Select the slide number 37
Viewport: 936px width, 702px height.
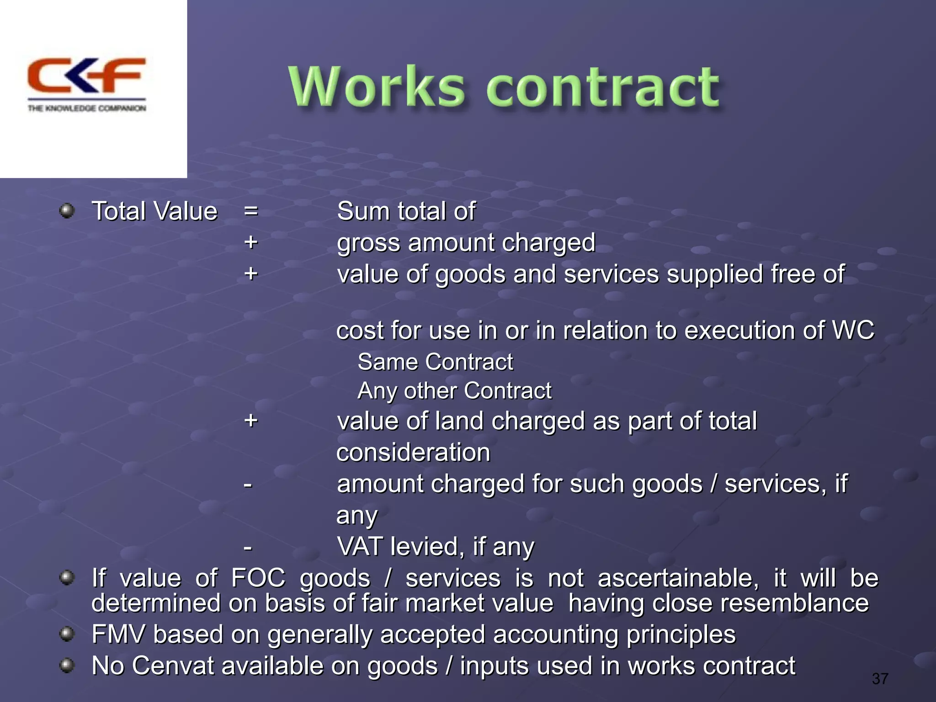pyautogui.click(x=880, y=679)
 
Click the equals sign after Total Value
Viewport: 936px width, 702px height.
pyautogui.click(x=250, y=211)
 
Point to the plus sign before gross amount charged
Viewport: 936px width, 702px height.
pyautogui.click(x=250, y=242)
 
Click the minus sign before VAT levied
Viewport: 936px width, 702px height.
pyautogui.click(x=248, y=547)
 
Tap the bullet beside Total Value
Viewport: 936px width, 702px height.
pyautogui.click(x=67, y=211)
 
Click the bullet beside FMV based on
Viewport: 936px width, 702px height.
pyautogui.click(x=67, y=634)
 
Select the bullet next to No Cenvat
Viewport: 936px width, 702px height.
pyautogui.click(x=67, y=665)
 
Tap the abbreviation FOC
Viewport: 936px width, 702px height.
pyautogui.click(x=258, y=578)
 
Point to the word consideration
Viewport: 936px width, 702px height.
pyautogui.click(x=413, y=452)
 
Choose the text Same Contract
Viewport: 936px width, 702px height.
pyautogui.click(x=435, y=362)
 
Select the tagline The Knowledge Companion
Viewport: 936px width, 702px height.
pyautogui.click(x=87, y=108)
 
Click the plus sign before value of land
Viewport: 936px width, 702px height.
pyautogui.click(x=250, y=420)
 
